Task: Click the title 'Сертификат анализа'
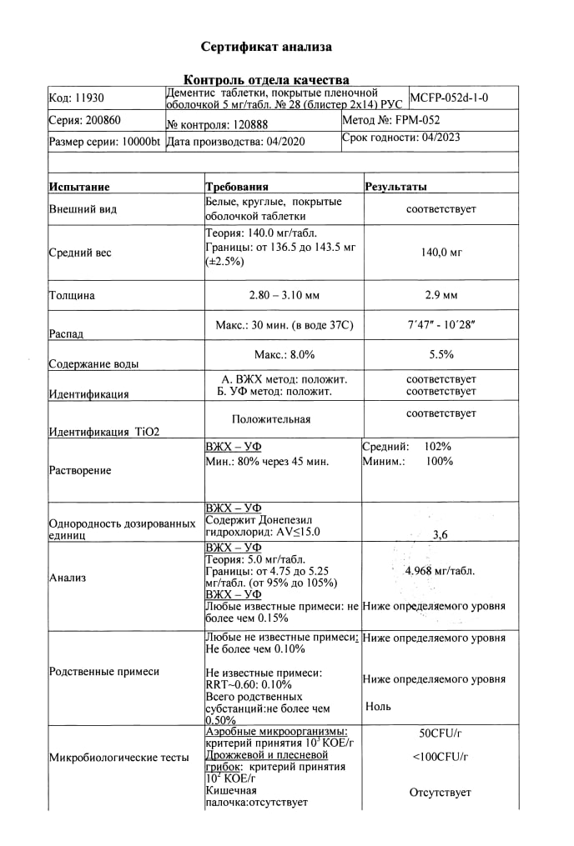pyautogui.click(x=266, y=47)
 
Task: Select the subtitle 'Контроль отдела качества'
pyautogui.click(x=266, y=79)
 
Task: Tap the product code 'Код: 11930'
pyautogui.click(x=76, y=98)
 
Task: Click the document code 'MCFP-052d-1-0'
pyautogui.click(x=449, y=98)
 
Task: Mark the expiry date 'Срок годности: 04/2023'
pyautogui.click(x=400, y=138)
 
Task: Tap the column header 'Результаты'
pyautogui.click(x=395, y=187)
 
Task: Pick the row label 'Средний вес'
pyautogui.click(x=80, y=253)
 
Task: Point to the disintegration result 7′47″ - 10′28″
pyautogui.click(x=441, y=324)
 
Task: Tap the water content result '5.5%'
pyautogui.click(x=441, y=354)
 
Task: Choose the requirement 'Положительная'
pyautogui.click(x=271, y=419)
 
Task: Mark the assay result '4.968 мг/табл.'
pyautogui.click(x=440, y=571)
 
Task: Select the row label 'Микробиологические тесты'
pyautogui.click(x=118, y=758)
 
